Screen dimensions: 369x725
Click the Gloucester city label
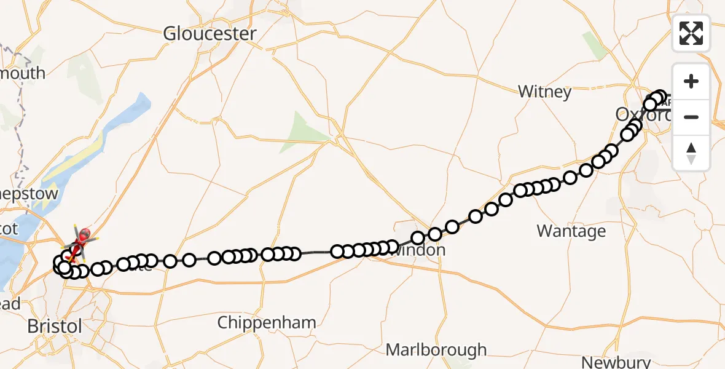210,34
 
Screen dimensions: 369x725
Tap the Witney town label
544,92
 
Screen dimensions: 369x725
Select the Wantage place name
571,231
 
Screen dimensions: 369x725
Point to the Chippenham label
267,322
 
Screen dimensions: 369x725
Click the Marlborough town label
436,351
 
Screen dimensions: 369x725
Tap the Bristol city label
55,326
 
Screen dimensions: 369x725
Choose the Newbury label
616,362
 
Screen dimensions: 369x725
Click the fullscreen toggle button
691,33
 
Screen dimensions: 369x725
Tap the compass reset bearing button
691,153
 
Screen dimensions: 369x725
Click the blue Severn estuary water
12,258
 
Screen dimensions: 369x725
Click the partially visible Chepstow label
31,194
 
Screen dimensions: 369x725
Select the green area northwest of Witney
594,44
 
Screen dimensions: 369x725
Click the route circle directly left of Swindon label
391,247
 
